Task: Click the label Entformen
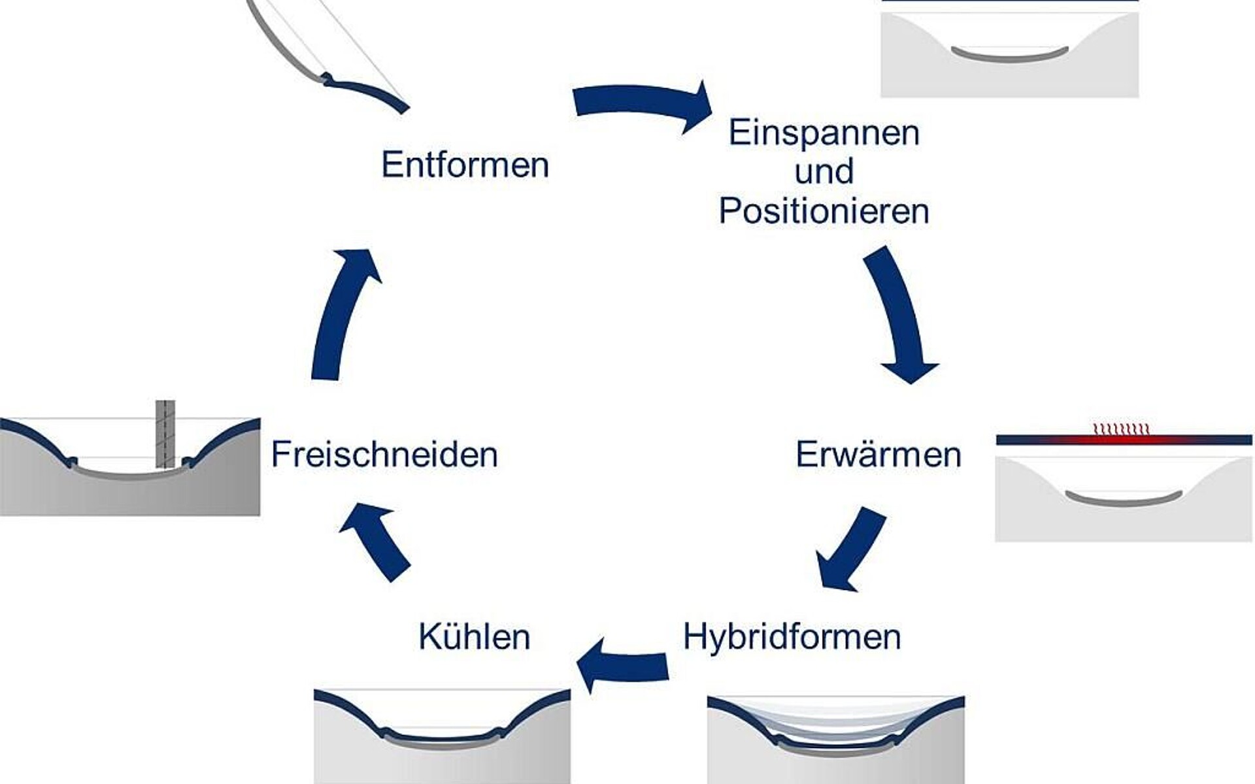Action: pos(465,164)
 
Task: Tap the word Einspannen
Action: pos(824,133)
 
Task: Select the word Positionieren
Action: pos(824,211)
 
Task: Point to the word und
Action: pos(824,172)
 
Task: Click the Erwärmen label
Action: pos(878,454)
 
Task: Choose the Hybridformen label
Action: pos(792,636)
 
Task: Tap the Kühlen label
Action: pos(474,636)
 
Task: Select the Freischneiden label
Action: pos(384,454)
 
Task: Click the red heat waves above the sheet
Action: pos(1121,429)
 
